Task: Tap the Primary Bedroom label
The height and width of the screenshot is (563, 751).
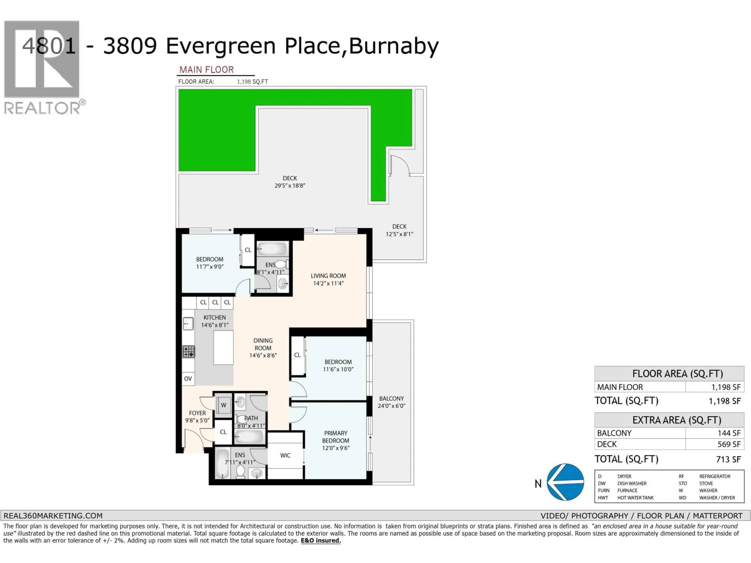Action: click(x=335, y=437)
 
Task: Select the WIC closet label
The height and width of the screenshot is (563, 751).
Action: click(x=285, y=455)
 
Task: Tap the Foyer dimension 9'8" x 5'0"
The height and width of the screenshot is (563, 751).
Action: click(x=197, y=420)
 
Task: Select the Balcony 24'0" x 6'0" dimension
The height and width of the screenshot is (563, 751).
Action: click(x=392, y=406)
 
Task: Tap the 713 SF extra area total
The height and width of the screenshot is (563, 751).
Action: click(x=728, y=460)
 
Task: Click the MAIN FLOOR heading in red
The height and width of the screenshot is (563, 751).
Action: click(x=206, y=70)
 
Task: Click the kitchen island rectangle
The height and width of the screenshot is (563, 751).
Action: click(x=223, y=348)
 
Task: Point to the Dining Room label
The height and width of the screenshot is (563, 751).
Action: click(x=263, y=344)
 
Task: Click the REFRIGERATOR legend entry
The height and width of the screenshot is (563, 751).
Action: click(x=714, y=476)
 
